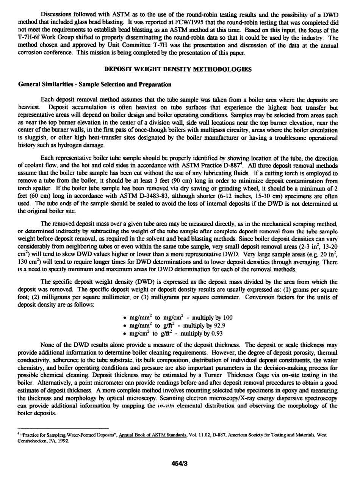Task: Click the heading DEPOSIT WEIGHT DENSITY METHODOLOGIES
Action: (178, 69)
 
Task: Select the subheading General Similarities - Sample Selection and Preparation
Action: (94, 84)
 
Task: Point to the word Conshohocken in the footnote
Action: (33, 441)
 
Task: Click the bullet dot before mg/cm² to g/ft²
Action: (125, 334)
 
